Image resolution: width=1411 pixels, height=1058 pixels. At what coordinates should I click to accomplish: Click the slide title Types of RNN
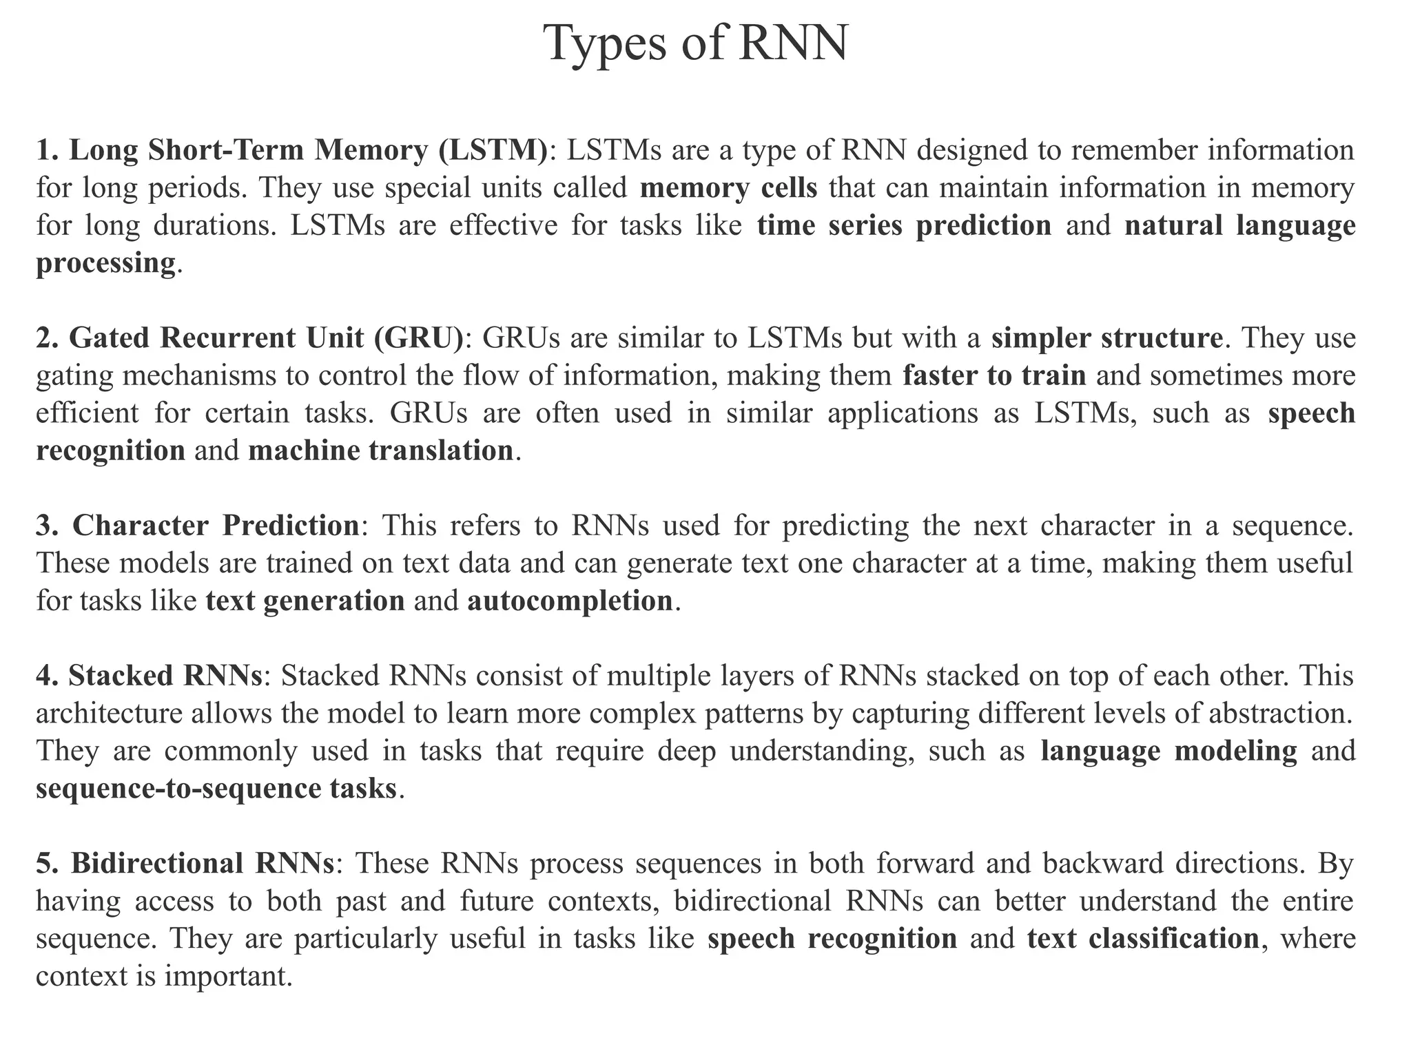(696, 43)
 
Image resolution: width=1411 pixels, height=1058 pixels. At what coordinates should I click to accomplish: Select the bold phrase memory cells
(728, 188)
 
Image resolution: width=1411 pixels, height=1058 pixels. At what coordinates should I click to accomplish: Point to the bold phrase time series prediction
(904, 226)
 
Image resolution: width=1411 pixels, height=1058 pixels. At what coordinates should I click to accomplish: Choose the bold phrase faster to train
(994, 376)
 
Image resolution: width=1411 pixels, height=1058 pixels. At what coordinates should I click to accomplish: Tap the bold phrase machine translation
(380, 451)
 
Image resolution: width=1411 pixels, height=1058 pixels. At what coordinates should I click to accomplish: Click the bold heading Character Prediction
(216, 526)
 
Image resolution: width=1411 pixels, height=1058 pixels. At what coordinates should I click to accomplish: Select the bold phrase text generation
(305, 601)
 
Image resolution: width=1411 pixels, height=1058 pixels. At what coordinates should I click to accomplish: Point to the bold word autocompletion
(570, 601)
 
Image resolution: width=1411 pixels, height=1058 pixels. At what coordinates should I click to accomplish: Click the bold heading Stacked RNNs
(165, 676)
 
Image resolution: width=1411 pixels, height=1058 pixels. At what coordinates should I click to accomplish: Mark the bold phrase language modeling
(1168, 751)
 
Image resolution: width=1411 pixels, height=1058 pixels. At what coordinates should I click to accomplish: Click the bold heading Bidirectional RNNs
(203, 864)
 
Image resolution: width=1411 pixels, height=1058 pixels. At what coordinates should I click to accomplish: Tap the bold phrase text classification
(1143, 939)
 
